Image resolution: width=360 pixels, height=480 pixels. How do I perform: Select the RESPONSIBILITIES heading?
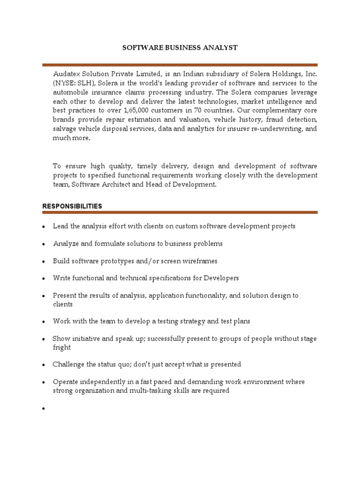click(72, 206)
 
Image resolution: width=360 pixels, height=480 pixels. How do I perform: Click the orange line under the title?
click(180, 65)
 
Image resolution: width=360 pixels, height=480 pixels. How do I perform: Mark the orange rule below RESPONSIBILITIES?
click(180, 212)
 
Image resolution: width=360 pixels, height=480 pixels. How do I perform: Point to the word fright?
click(62, 347)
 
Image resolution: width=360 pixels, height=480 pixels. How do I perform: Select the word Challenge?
click(69, 364)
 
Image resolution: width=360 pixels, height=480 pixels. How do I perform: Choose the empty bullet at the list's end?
click(43, 409)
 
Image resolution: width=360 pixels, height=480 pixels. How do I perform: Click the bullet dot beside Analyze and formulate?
click(43, 245)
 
